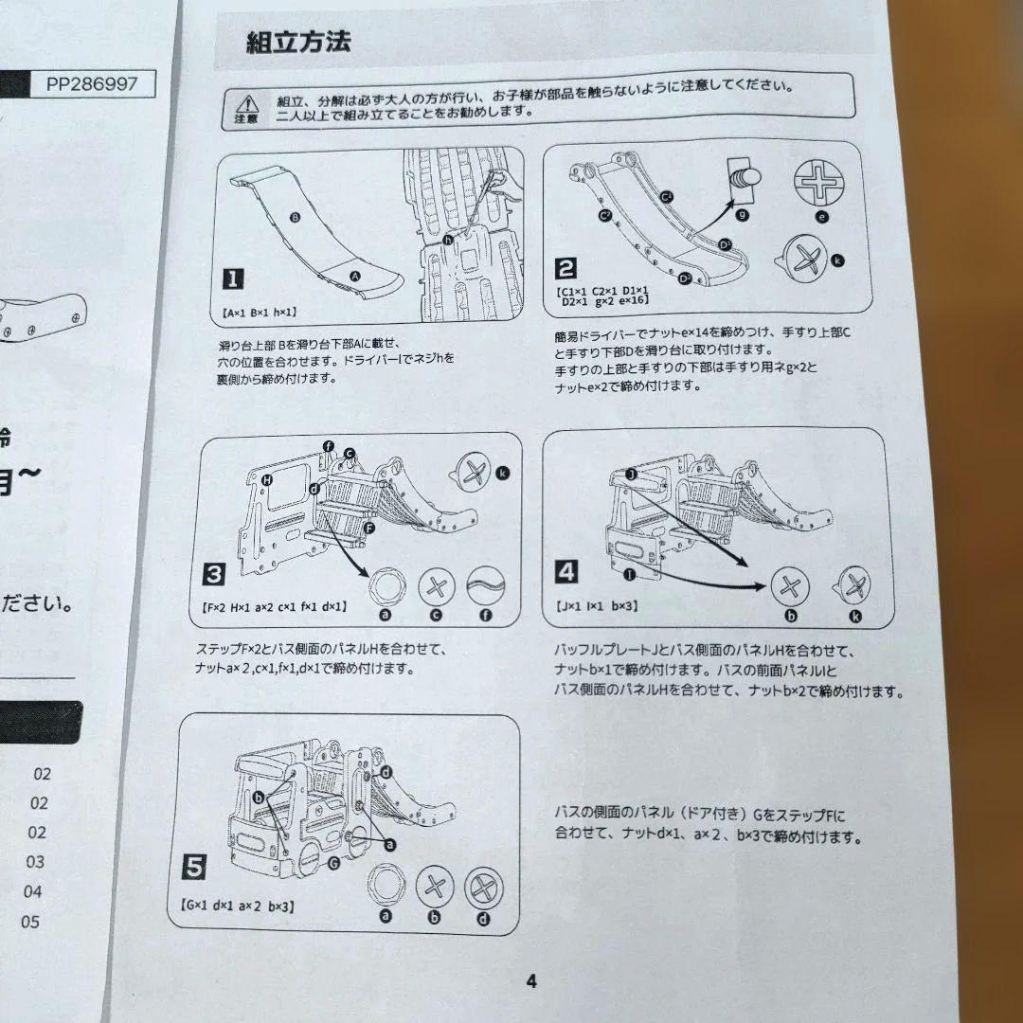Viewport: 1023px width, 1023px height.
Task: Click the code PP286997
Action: pos(91,84)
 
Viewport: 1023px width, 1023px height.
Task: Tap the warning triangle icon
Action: pos(247,104)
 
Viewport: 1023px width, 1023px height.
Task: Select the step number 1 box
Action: pos(232,278)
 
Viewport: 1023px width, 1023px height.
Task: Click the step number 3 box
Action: pos(215,574)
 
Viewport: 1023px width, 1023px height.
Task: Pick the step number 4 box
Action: pos(565,571)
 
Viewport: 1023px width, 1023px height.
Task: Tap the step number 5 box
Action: pos(193,865)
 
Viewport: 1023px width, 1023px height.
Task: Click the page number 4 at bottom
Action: pos(531,981)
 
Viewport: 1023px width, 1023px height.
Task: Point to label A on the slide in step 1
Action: pos(355,274)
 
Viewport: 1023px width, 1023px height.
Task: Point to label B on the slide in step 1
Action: pos(295,218)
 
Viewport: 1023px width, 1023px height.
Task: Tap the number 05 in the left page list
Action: pos(30,922)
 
